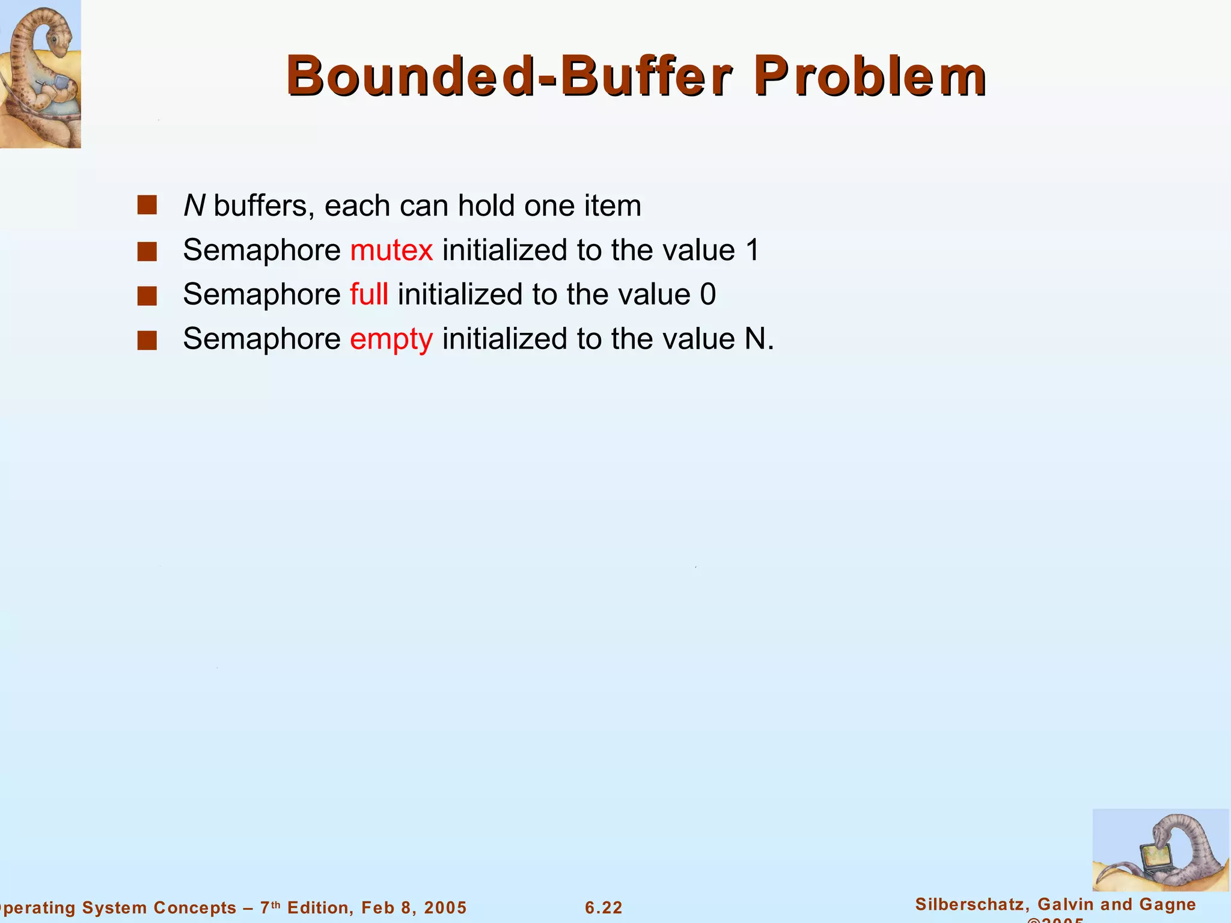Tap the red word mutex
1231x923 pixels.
[x=391, y=251]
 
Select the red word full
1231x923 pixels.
[x=368, y=294]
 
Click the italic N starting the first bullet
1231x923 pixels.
[x=194, y=206]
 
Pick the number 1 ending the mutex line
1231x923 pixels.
[x=753, y=251]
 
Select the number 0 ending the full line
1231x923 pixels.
[x=708, y=295]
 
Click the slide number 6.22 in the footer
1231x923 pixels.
[x=603, y=907]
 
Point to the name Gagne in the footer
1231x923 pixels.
[x=1169, y=904]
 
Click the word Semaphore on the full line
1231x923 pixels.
[x=262, y=295]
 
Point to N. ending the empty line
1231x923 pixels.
[x=759, y=340]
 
